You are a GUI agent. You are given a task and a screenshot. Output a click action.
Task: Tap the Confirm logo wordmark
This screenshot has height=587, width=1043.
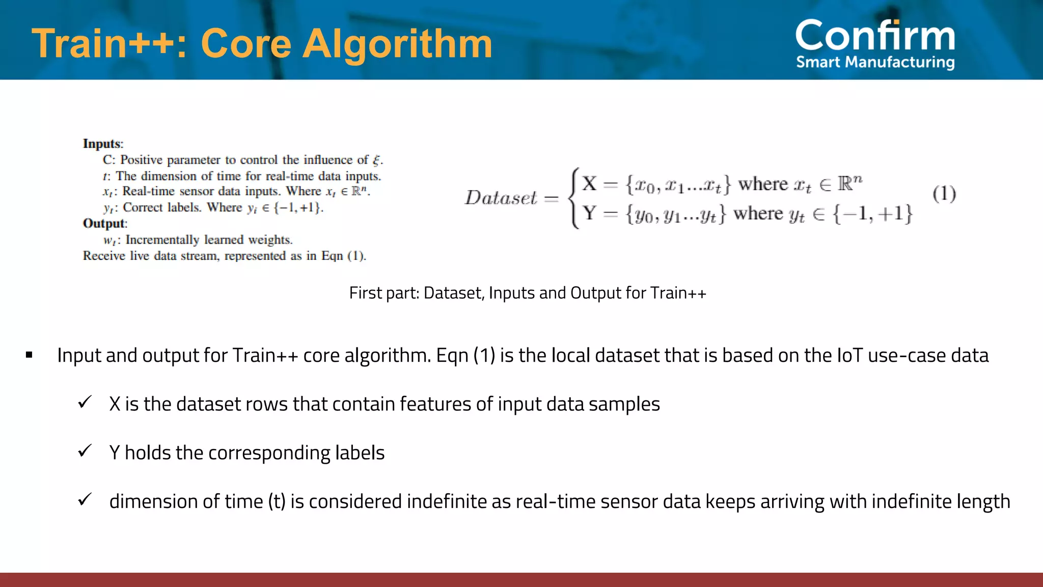click(x=875, y=36)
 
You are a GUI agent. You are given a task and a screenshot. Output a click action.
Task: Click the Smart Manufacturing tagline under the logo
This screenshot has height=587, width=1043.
click(x=875, y=62)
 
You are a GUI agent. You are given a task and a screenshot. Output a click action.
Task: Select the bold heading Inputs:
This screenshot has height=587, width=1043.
click(x=103, y=144)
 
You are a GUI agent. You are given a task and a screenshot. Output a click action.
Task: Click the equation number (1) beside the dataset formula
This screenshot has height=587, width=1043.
click(x=944, y=194)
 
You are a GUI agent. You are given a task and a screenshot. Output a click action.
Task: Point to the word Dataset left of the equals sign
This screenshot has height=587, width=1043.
click(x=501, y=198)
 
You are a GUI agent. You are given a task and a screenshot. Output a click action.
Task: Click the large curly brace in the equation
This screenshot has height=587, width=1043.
click(x=574, y=198)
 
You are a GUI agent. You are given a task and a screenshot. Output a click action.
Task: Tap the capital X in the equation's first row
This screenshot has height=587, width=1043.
click(x=589, y=183)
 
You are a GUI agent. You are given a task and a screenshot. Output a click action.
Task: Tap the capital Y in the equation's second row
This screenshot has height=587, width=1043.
click(x=589, y=213)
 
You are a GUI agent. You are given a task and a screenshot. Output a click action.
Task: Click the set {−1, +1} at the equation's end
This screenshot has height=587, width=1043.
click(x=872, y=214)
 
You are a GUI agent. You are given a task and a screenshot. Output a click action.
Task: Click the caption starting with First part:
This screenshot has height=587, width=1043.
click(x=527, y=293)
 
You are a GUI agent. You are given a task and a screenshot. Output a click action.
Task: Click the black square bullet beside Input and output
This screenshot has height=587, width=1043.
click(x=29, y=355)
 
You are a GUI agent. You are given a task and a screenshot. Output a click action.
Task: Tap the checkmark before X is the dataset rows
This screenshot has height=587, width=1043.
click(x=85, y=403)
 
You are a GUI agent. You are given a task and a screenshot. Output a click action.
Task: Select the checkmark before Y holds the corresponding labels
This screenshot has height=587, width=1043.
click(x=85, y=451)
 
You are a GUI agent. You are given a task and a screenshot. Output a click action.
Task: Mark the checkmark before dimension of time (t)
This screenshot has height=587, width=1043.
click(x=85, y=499)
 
